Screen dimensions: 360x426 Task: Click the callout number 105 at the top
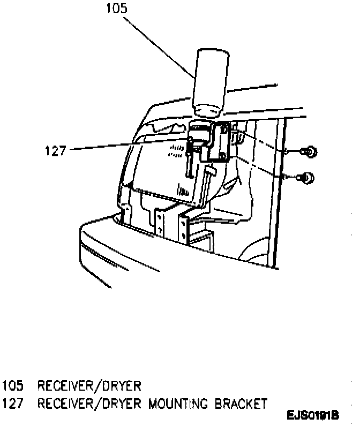117,9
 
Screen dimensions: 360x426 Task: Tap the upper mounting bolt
310,152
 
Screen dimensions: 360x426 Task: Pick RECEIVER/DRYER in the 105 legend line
88,386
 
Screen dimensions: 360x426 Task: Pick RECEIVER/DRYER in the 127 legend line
88,403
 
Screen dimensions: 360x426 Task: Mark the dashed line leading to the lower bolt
260,166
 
